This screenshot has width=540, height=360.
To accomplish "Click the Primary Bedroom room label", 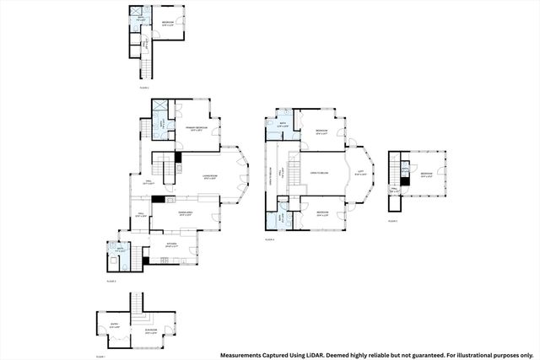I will (195, 129).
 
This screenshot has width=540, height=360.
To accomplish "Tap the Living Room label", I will (210, 177).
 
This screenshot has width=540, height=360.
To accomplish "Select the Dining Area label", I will (185, 214).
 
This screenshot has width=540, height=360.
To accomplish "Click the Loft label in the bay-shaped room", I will (360, 173).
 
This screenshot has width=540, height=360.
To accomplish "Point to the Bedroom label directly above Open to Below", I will (321, 132).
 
